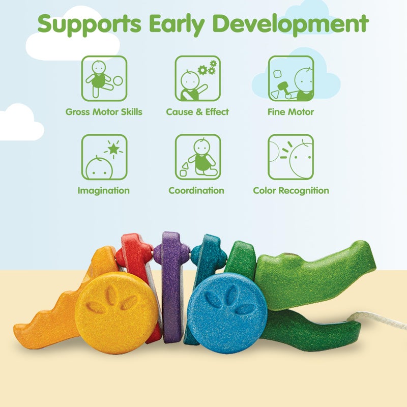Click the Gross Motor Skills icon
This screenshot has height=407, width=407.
coord(104,78)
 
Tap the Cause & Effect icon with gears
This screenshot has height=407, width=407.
coord(198,78)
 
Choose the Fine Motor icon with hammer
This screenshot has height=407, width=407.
coord(291,78)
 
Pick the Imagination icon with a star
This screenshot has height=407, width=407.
coord(104,157)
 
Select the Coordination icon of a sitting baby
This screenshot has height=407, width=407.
coord(198,157)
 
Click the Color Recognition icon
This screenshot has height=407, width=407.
coord(291,157)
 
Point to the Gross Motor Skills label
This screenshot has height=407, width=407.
coord(104,112)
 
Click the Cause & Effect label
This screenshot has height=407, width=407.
coord(197,112)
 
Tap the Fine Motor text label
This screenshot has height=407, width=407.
coord(290,112)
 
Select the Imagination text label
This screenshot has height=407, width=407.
coord(104,191)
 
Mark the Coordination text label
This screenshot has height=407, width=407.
coord(196,191)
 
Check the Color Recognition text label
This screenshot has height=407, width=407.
coord(291,191)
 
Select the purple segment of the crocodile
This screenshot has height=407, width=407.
coord(171,285)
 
